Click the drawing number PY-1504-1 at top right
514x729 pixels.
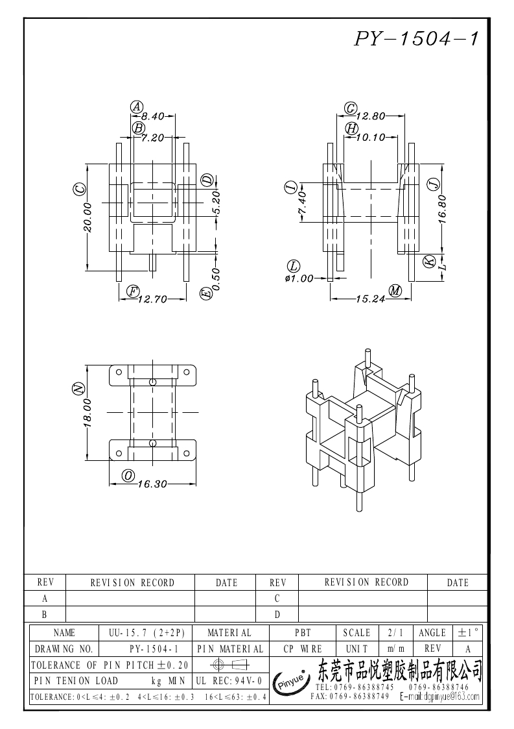[x=416, y=39]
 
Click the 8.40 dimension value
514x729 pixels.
[x=153, y=116]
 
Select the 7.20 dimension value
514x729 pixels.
[x=153, y=138]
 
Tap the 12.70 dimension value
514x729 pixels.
[x=152, y=299]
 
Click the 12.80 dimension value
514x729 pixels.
[x=371, y=116]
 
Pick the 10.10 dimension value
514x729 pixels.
[x=371, y=138]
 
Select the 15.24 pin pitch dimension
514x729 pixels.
[x=371, y=299]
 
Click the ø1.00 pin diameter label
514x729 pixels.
[x=299, y=278]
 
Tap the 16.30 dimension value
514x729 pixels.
[x=152, y=484]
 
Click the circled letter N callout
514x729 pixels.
[x=79, y=389]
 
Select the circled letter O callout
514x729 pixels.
[x=128, y=476]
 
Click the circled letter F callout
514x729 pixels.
[x=134, y=291]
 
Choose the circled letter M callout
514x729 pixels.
[x=395, y=291]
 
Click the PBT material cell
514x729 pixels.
[x=303, y=633]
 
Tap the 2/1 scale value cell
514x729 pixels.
[x=395, y=633]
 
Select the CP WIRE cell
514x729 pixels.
[x=303, y=649]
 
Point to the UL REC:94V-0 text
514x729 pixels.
[x=229, y=681]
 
